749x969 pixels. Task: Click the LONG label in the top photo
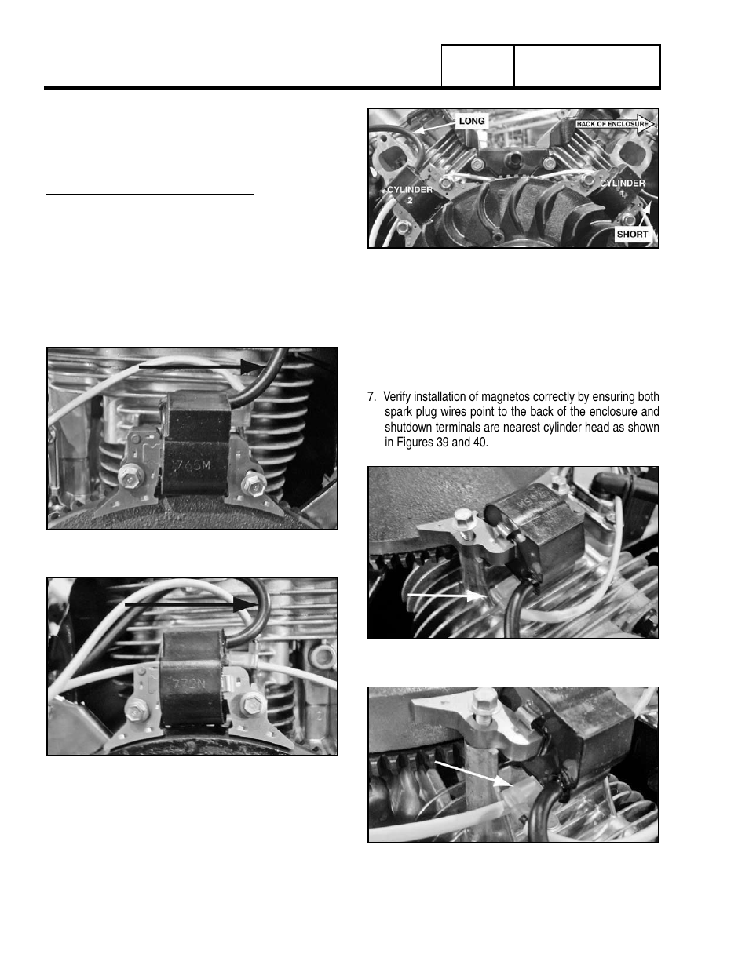click(472, 121)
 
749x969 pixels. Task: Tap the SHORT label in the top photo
click(632, 234)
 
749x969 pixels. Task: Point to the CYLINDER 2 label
click(409, 195)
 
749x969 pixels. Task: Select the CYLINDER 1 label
click(623, 188)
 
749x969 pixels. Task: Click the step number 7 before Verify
click(371, 397)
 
